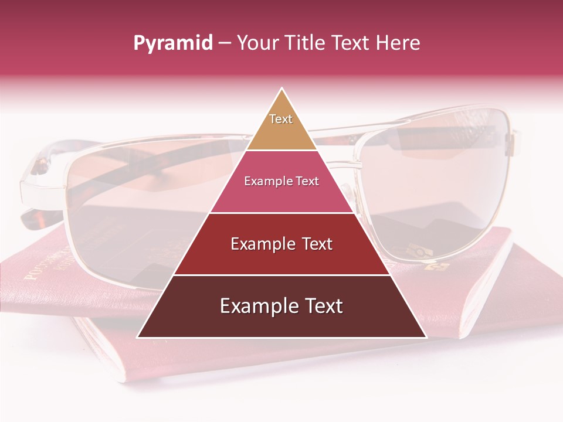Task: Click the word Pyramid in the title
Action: pyautogui.click(x=172, y=43)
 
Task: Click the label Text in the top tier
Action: pyautogui.click(x=281, y=119)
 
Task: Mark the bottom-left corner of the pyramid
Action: pyautogui.click(x=138, y=337)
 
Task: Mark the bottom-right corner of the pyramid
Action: pyautogui.click(x=426, y=337)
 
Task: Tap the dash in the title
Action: pyautogui.click(x=225, y=43)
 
